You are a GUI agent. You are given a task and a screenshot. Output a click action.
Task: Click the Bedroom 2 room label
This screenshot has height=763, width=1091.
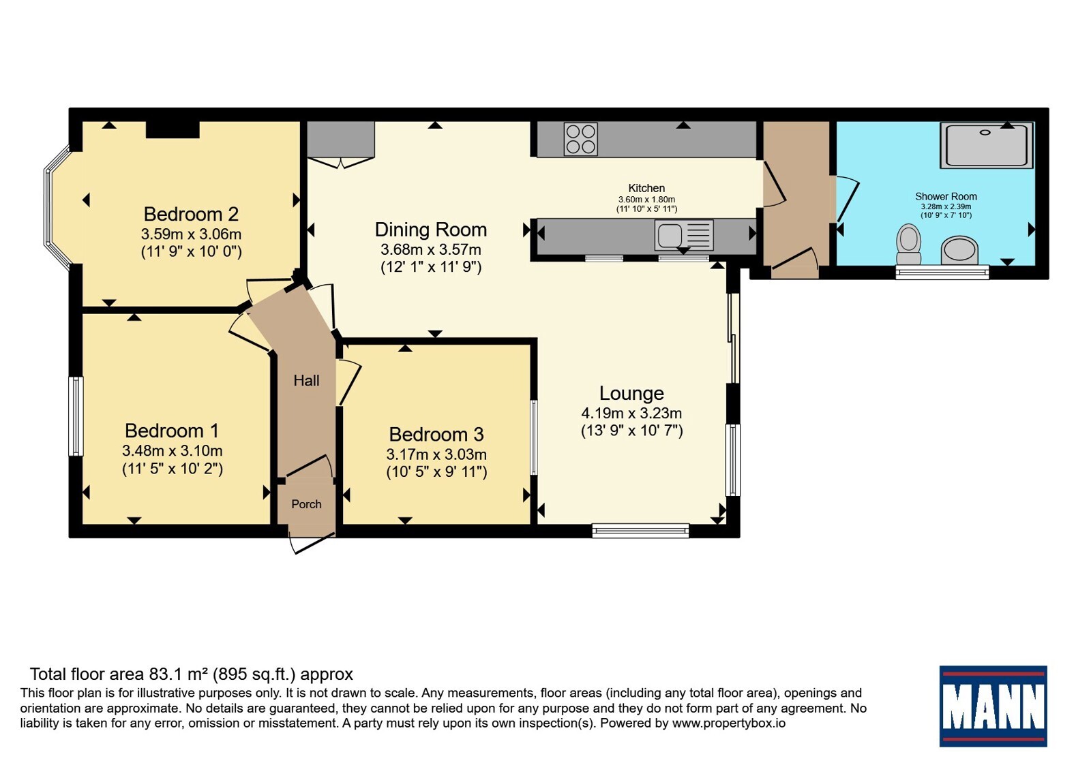click(x=191, y=214)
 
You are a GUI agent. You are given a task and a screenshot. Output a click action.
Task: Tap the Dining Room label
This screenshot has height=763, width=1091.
click(x=430, y=230)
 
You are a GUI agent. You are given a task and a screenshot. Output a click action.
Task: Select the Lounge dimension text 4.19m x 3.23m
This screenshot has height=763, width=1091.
click(x=631, y=413)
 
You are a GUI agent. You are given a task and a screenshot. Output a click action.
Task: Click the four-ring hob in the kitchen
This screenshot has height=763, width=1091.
click(x=580, y=139)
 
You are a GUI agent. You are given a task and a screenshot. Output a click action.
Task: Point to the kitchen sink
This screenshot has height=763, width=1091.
click(x=684, y=236)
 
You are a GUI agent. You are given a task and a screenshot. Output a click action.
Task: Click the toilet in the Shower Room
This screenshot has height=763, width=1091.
click(x=908, y=244)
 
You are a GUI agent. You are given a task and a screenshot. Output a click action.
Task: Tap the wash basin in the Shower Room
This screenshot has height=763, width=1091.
click(x=959, y=250)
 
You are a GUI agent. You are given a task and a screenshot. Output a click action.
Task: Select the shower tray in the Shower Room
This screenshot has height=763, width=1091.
click(x=987, y=146)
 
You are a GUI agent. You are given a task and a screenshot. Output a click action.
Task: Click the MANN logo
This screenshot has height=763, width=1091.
click(x=993, y=706)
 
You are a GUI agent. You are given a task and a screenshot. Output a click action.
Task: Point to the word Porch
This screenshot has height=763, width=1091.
click(x=306, y=504)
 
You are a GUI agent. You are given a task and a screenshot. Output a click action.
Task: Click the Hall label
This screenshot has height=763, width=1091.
click(x=306, y=381)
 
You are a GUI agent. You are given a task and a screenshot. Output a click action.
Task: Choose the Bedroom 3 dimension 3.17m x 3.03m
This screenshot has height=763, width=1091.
click(x=436, y=454)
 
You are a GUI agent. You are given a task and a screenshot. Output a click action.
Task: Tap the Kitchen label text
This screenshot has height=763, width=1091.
click(x=646, y=188)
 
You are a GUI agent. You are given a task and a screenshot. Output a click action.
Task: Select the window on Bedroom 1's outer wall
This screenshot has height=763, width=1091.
click(x=76, y=416)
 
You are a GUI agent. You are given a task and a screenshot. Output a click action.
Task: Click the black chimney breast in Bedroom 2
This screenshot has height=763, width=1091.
click(x=173, y=129)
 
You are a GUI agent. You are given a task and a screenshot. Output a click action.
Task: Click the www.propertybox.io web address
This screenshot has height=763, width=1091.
click(x=729, y=723)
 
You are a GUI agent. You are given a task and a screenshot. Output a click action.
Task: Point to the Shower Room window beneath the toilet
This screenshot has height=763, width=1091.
click(x=942, y=272)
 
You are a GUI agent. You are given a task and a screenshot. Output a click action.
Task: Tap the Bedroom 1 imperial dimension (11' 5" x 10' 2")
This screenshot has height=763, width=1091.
click(x=173, y=469)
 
